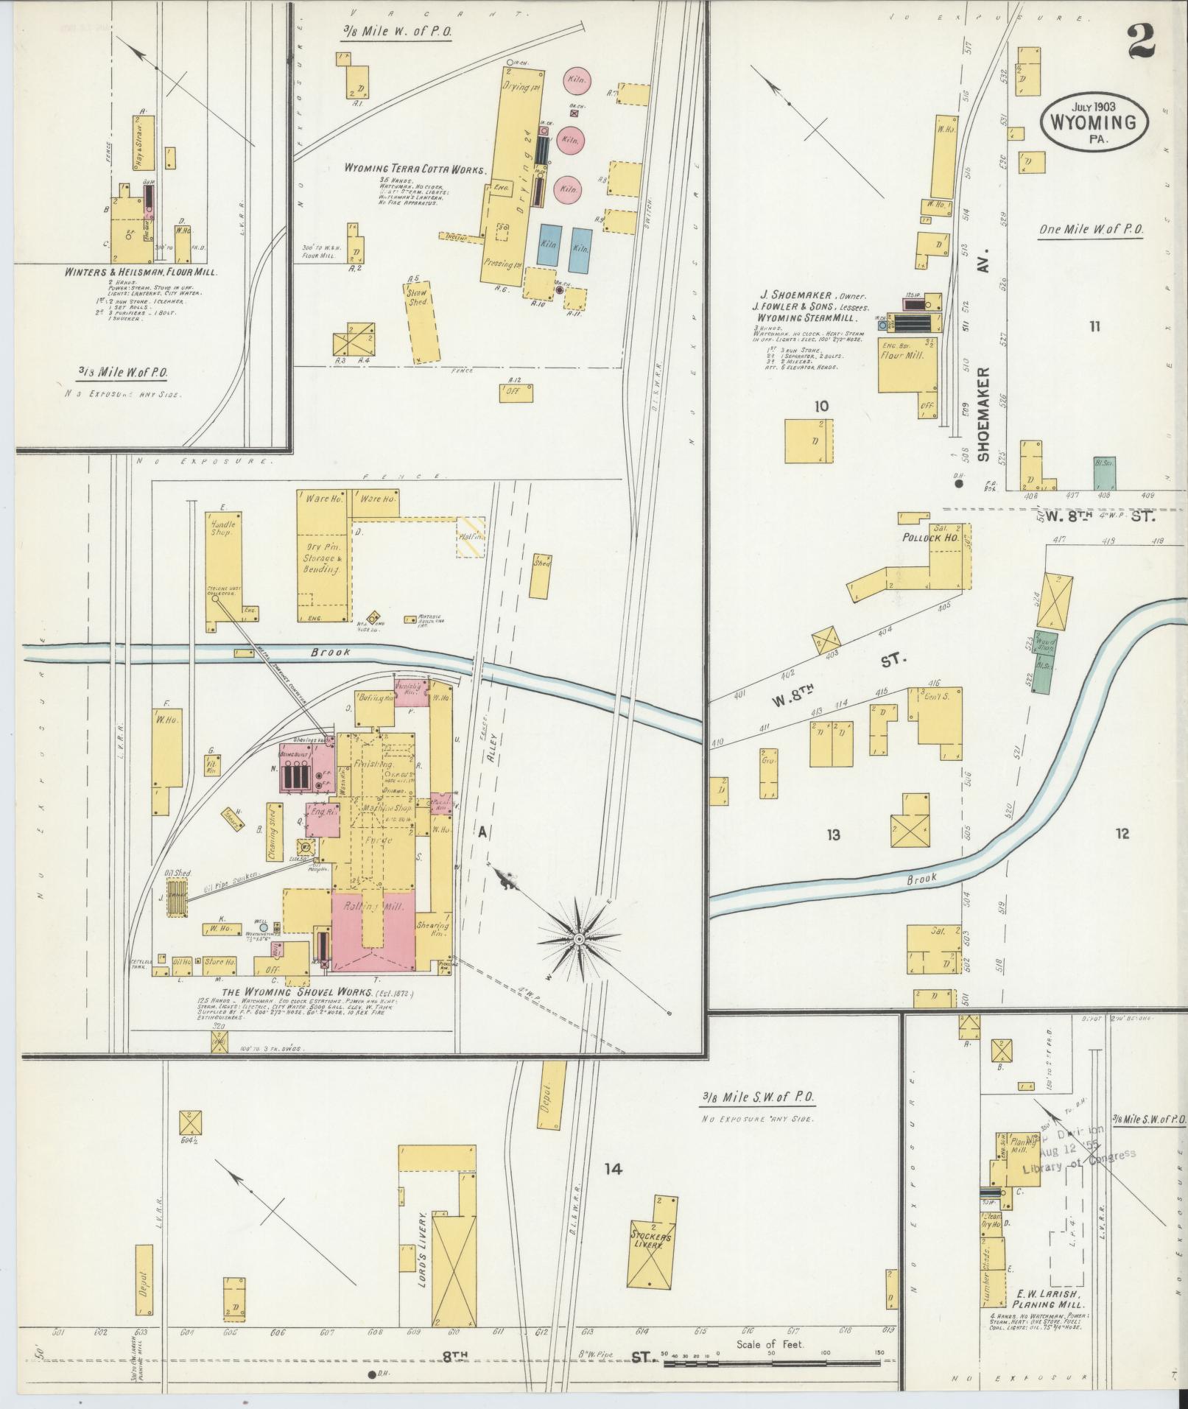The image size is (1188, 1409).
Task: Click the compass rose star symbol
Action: [x=579, y=939]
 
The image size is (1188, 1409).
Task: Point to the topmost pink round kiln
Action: [x=574, y=80]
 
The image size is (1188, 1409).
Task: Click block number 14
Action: [x=614, y=1168]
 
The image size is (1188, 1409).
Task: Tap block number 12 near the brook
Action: [x=1122, y=834]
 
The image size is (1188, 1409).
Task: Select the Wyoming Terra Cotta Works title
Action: [x=415, y=169]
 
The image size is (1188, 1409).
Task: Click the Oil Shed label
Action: [x=178, y=873]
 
